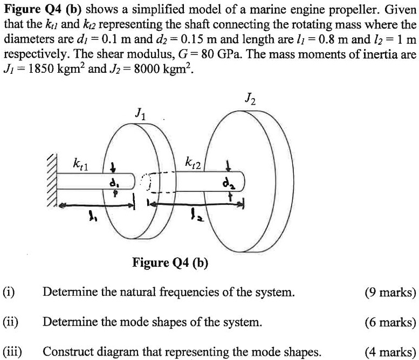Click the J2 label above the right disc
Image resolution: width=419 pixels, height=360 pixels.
tap(251, 100)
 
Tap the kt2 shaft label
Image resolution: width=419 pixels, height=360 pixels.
tap(194, 161)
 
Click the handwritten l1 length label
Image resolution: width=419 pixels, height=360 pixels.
tap(91, 219)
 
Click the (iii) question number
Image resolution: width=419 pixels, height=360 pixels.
tap(12, 352)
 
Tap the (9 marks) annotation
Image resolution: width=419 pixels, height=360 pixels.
tap(390, 293)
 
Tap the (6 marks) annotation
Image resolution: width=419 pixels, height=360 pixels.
tap(390, 322)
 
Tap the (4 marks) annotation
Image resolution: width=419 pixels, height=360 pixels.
tap(390, 352)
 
